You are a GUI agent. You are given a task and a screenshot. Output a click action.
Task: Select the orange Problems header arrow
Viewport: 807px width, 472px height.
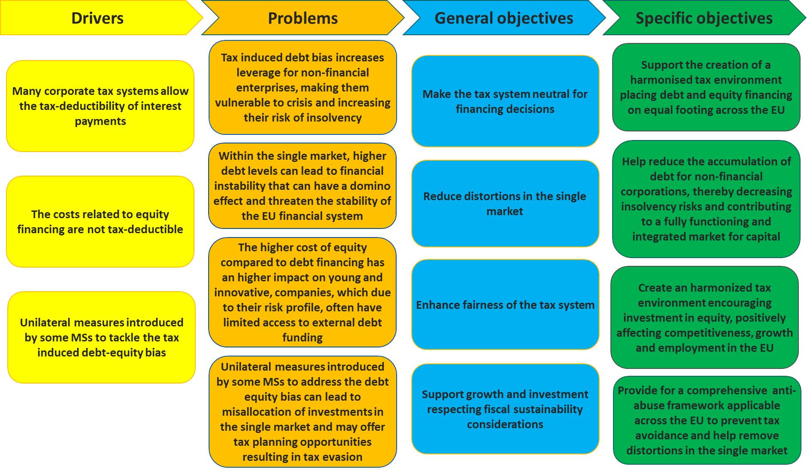pyautogui.click(x=303, y=18)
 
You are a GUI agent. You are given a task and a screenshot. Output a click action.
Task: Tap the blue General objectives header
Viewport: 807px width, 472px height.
pyautogui.click(x=504, y=18)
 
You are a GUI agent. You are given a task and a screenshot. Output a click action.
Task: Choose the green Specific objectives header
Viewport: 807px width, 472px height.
pyautogui.click(x=704, y=18)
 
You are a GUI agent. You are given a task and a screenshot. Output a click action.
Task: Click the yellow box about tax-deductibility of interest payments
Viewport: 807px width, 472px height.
pyautogui.click(x=100, y=106)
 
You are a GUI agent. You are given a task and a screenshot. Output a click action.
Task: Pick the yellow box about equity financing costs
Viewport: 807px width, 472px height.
pyautogui.click(x=100, y=222)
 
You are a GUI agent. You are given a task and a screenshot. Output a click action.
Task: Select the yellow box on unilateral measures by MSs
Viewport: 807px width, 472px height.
pyautogui.click(x=101, y=337)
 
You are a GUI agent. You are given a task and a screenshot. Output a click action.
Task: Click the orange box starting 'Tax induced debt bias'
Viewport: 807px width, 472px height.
pyautogui.click(x=303, y=88)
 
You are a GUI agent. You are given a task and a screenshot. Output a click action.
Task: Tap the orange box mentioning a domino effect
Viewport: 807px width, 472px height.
pyautogui.click(x=302, y=186)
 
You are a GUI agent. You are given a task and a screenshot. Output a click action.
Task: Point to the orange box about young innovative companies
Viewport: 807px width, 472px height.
pyautogui.click(x=302, y=292)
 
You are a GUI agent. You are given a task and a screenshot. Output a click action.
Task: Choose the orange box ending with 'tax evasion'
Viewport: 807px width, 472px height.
pyautogui.click(x=303, y=411)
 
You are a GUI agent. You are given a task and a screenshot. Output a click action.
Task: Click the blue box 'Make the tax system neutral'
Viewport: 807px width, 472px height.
pyautogui.click(x=505, y=101)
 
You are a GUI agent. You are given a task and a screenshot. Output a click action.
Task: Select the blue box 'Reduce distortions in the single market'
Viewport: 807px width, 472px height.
pyautogui.click(x=505, y=204)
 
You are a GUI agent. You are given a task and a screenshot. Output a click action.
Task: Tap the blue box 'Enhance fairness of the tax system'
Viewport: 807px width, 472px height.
pyautogui.click(x=505, y=305)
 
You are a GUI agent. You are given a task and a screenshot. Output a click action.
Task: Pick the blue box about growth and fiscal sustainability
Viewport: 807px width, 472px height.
pyautogui.click(x=505, y=409)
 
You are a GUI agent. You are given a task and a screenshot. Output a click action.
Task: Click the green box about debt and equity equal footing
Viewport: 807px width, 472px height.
pyautogui.click(x=706, y=87)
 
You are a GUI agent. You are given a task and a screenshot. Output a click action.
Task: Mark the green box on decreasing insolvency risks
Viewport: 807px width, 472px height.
pyautogui.click(x=706, y=199)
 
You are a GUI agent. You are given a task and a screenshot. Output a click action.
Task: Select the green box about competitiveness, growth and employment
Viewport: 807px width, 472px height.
pyautogui.click(x=704, y=317)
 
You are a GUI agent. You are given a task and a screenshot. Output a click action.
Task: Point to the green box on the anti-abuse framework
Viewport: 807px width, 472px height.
pyautogui.click(x=707, y=420)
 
